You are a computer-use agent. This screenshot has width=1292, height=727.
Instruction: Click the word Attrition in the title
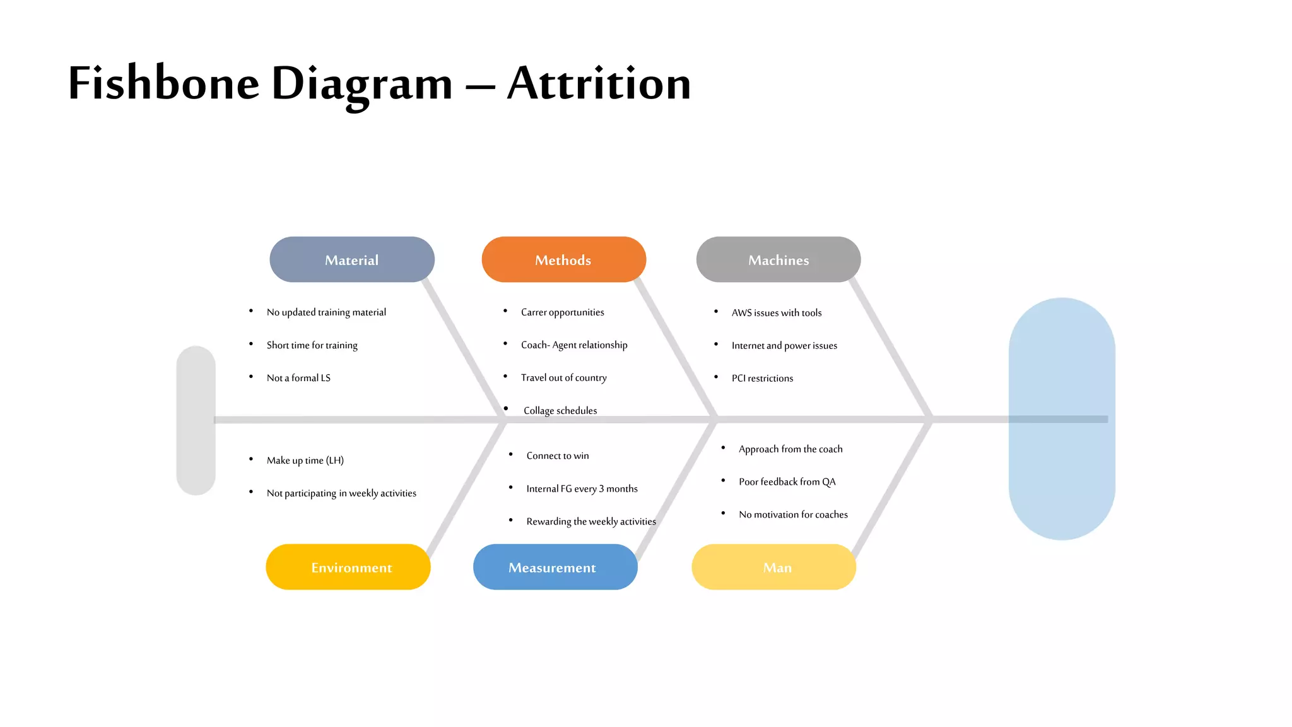coord(599,83)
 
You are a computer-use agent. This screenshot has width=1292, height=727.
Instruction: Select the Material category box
coord(351,259)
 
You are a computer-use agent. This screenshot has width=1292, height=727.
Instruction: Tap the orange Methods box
coord(563,259)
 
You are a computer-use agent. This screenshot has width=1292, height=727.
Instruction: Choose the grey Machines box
coord(778,259)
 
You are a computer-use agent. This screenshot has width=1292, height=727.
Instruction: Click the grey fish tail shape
coord(196,420)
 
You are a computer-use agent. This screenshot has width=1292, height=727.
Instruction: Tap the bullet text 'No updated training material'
coord(326,312)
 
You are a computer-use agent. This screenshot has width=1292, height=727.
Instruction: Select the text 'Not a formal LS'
coord(298,378)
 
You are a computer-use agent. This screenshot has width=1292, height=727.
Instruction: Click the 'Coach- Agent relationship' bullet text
coord(574,345)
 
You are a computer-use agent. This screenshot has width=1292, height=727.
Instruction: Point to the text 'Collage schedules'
coord(560,411)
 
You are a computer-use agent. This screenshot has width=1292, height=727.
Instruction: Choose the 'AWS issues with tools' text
coord(777,313)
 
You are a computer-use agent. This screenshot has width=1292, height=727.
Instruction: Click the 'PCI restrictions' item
coord(762,379)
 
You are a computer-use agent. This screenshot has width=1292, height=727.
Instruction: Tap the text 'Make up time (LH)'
coord(305,461)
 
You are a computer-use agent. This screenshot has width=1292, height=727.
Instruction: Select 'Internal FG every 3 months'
coord(582,489)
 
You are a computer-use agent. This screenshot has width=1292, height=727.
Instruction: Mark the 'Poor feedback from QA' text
coord(787,482)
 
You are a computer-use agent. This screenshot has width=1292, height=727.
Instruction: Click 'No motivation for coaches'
coord(793,515)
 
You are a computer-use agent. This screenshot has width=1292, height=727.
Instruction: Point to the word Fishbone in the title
coord(164,83)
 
